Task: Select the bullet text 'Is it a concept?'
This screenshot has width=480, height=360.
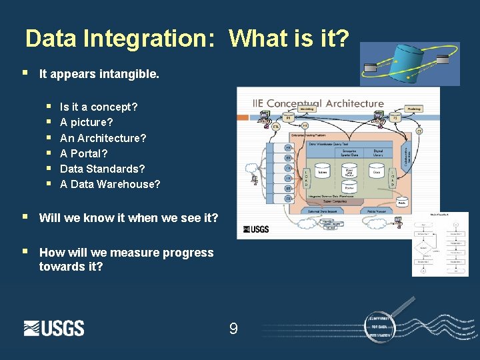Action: [x=99, y=107]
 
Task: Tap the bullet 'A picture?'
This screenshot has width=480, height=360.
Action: [x=87, y=122]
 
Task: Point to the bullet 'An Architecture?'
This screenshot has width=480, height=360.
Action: [x=103, y=138]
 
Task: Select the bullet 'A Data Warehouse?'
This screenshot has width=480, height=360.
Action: [x=110, y=184]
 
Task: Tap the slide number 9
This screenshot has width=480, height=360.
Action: [x=233, y=328]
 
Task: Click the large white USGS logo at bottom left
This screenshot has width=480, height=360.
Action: [x=54, y=328]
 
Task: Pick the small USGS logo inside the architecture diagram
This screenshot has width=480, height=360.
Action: [x=256, y=229]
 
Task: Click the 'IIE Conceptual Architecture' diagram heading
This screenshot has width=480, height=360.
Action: [x=318, y=103]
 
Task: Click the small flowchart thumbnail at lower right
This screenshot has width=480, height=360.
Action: [x=440, y=244]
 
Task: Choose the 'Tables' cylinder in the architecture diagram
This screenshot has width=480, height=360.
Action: [x=323, y=172]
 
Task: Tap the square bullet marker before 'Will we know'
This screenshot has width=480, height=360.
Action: [x=25, y=217]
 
